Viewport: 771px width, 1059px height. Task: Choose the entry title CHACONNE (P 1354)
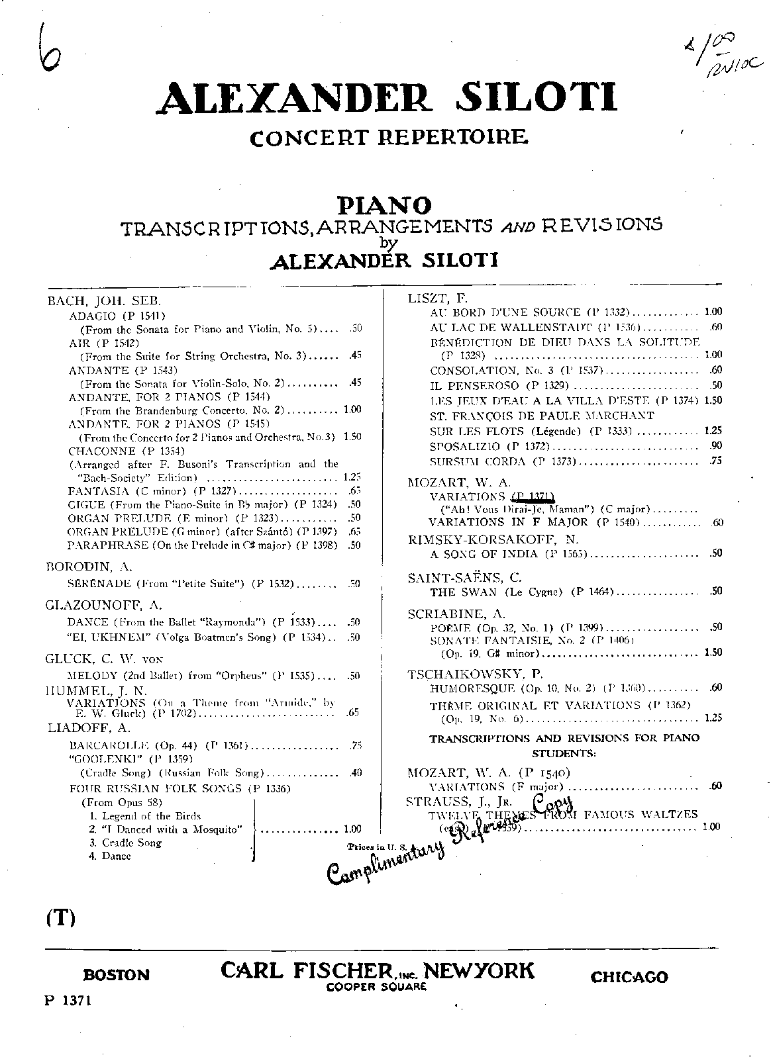click(x=117, y=451)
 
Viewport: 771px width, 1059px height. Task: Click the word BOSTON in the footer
click(x=117, y=975)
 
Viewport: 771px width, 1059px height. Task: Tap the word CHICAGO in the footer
click(x=629, y=977)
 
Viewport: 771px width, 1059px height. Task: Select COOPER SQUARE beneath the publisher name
click(x=376, y=986)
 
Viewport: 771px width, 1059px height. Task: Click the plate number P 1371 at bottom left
click(x=68, y=1000)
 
